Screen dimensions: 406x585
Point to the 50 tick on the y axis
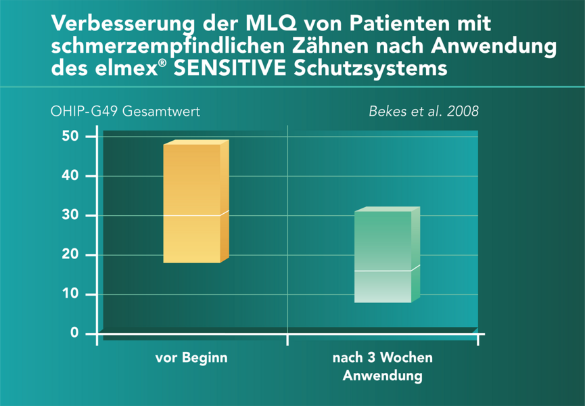(x=72, y=137)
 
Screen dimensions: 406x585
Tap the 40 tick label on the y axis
(x=72, y=176)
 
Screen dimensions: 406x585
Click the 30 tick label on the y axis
(x=72, y=215)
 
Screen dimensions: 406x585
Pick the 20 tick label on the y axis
(x=72, y=255)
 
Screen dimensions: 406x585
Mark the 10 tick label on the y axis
(x=72, y=294)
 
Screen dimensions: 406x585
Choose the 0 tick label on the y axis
(x=75, y=334)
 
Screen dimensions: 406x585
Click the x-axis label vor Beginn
(x=192, y=358)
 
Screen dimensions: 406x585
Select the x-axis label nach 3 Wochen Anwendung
(x=383, y=366)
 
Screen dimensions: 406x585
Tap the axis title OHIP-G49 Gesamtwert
(x=125, y=111)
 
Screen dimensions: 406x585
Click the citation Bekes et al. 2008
(x=423, y=111)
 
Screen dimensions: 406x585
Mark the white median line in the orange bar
(x=192, y=215)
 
